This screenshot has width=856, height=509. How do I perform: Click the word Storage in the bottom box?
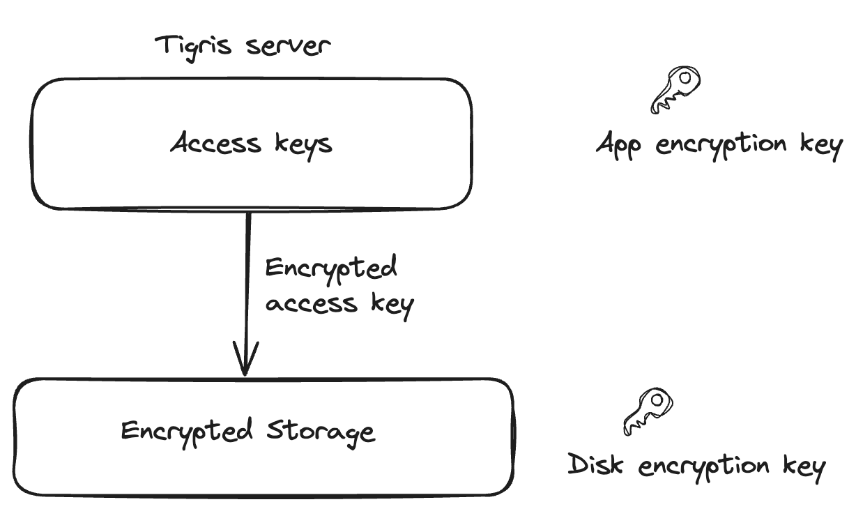click(321, 431)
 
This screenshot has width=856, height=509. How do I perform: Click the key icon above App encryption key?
click(675, 90)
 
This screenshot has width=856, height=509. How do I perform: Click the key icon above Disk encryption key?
click(648, 411)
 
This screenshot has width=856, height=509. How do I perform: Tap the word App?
click(620, 146)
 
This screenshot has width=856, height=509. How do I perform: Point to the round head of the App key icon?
click(686, 79)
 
